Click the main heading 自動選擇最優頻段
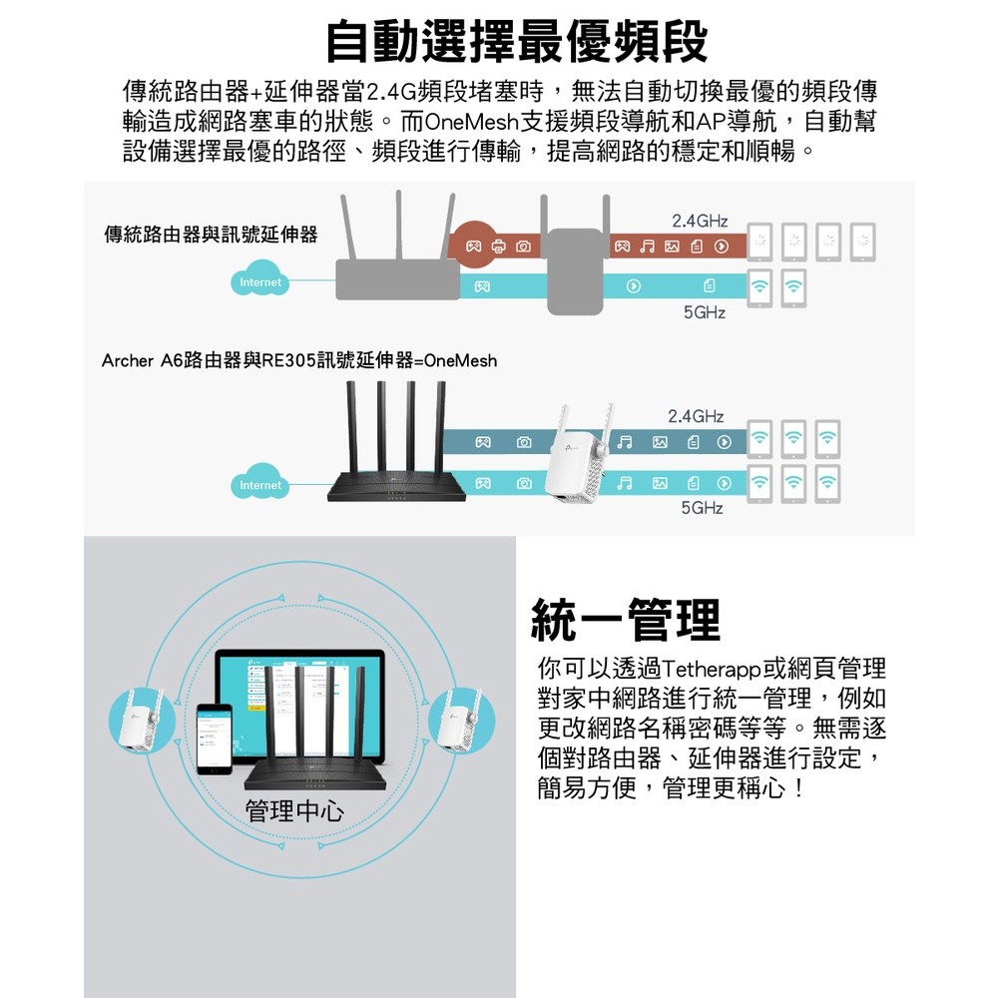[517, 41]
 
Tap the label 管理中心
[293, 810]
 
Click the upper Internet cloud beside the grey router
[260, 282]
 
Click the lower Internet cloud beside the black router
[260, 485]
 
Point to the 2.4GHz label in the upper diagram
[700, 220]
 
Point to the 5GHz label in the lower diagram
[702, 509]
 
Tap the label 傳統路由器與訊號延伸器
[212, 235]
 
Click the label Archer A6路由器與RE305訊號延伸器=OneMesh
[299, 359]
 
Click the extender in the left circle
[139, 722]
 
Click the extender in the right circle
[460, 720]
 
